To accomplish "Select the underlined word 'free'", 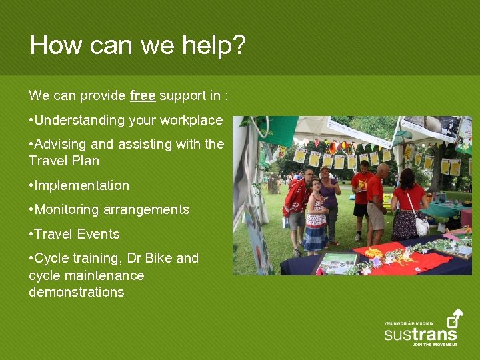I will [143, 96].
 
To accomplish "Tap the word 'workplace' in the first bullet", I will [191, 121].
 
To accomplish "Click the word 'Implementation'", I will [82, 185].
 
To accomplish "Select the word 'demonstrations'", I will [76, 292].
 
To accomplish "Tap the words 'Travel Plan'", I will [64, 161].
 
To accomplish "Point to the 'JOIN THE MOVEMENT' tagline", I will [434, 345].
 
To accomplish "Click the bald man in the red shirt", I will [377, 200].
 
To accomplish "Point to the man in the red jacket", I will [296, 203].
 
